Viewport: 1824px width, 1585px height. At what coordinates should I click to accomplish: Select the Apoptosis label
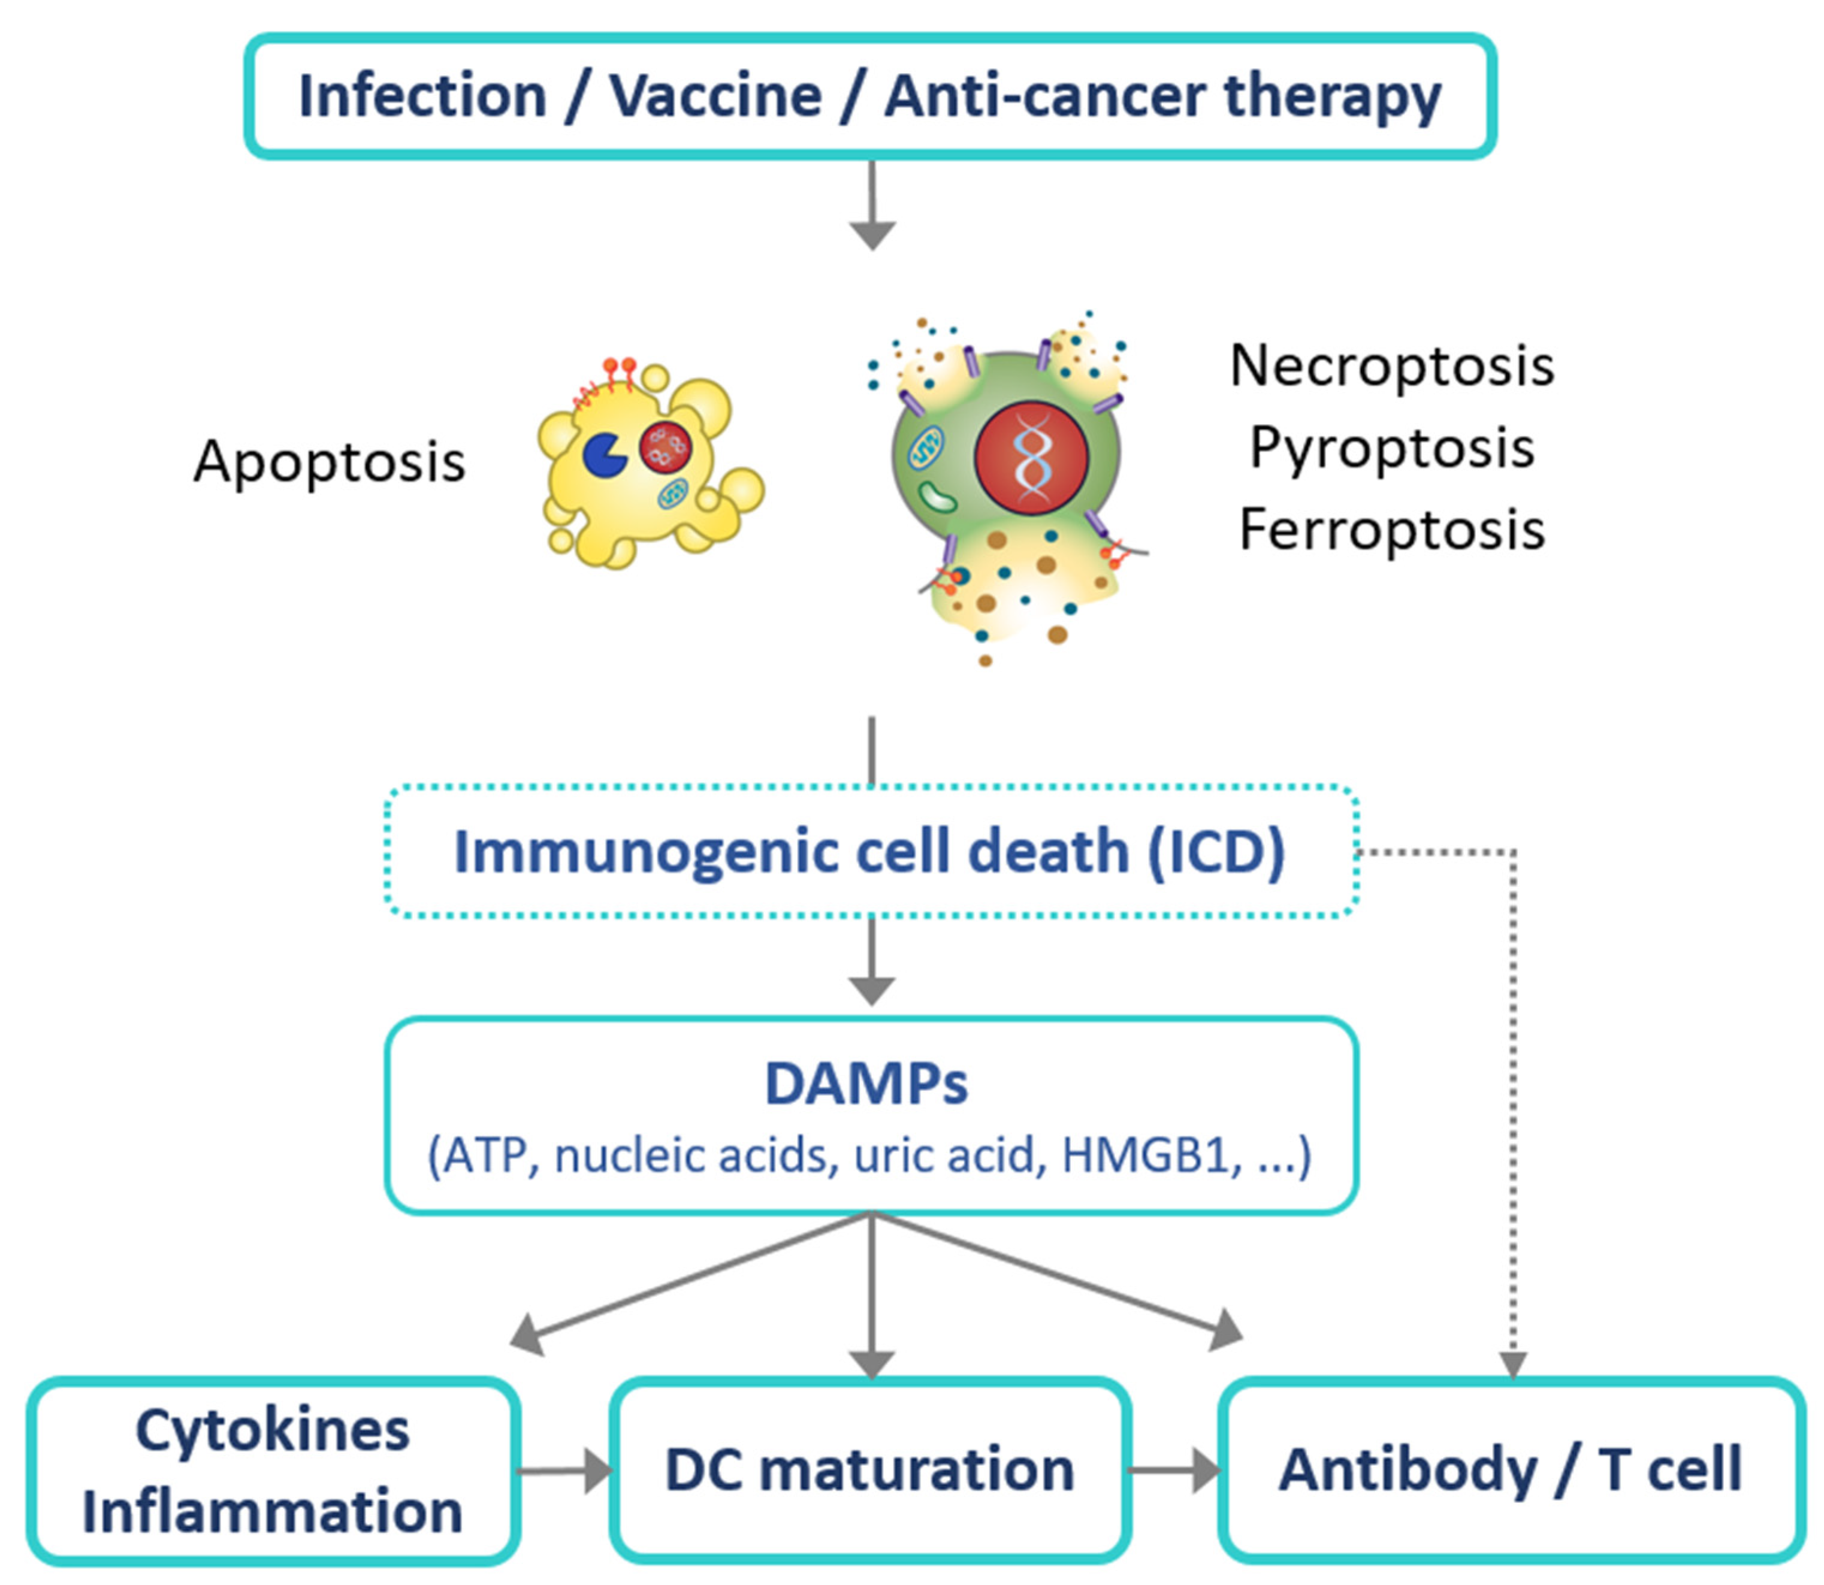[x=329, y=462]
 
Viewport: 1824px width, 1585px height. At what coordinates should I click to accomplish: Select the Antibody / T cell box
[x=1511, y=1470]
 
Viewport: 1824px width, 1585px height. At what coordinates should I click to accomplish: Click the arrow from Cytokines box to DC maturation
[x=566, y=1471]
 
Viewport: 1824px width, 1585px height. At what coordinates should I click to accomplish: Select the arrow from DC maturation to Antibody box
[x=1176, y=1471]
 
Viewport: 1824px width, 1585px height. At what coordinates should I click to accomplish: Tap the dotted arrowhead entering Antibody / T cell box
[x=1514, y=1365]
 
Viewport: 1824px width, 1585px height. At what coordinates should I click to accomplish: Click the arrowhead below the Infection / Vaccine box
[x=872, y=234]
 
